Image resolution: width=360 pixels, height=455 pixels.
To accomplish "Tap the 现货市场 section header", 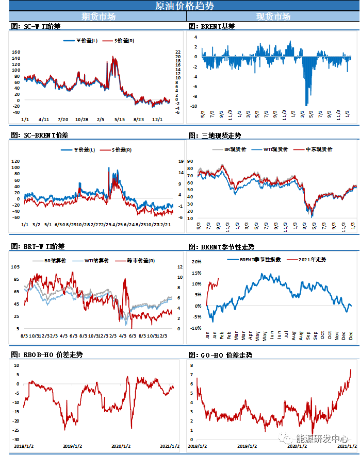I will [x=273, y=16].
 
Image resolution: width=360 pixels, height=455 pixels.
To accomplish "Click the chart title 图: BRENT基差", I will [x=211, y=26].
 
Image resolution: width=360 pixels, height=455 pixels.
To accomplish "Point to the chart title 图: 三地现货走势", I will [x=215, y=136].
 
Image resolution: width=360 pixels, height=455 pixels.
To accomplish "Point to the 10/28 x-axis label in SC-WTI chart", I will [x=81, y=120].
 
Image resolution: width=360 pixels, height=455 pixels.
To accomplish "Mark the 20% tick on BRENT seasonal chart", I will [x=197, y=262].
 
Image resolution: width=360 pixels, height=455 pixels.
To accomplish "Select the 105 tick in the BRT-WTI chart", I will [x=15, y=267].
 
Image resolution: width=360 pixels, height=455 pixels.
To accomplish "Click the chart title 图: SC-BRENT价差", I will [x=39, y=136].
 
